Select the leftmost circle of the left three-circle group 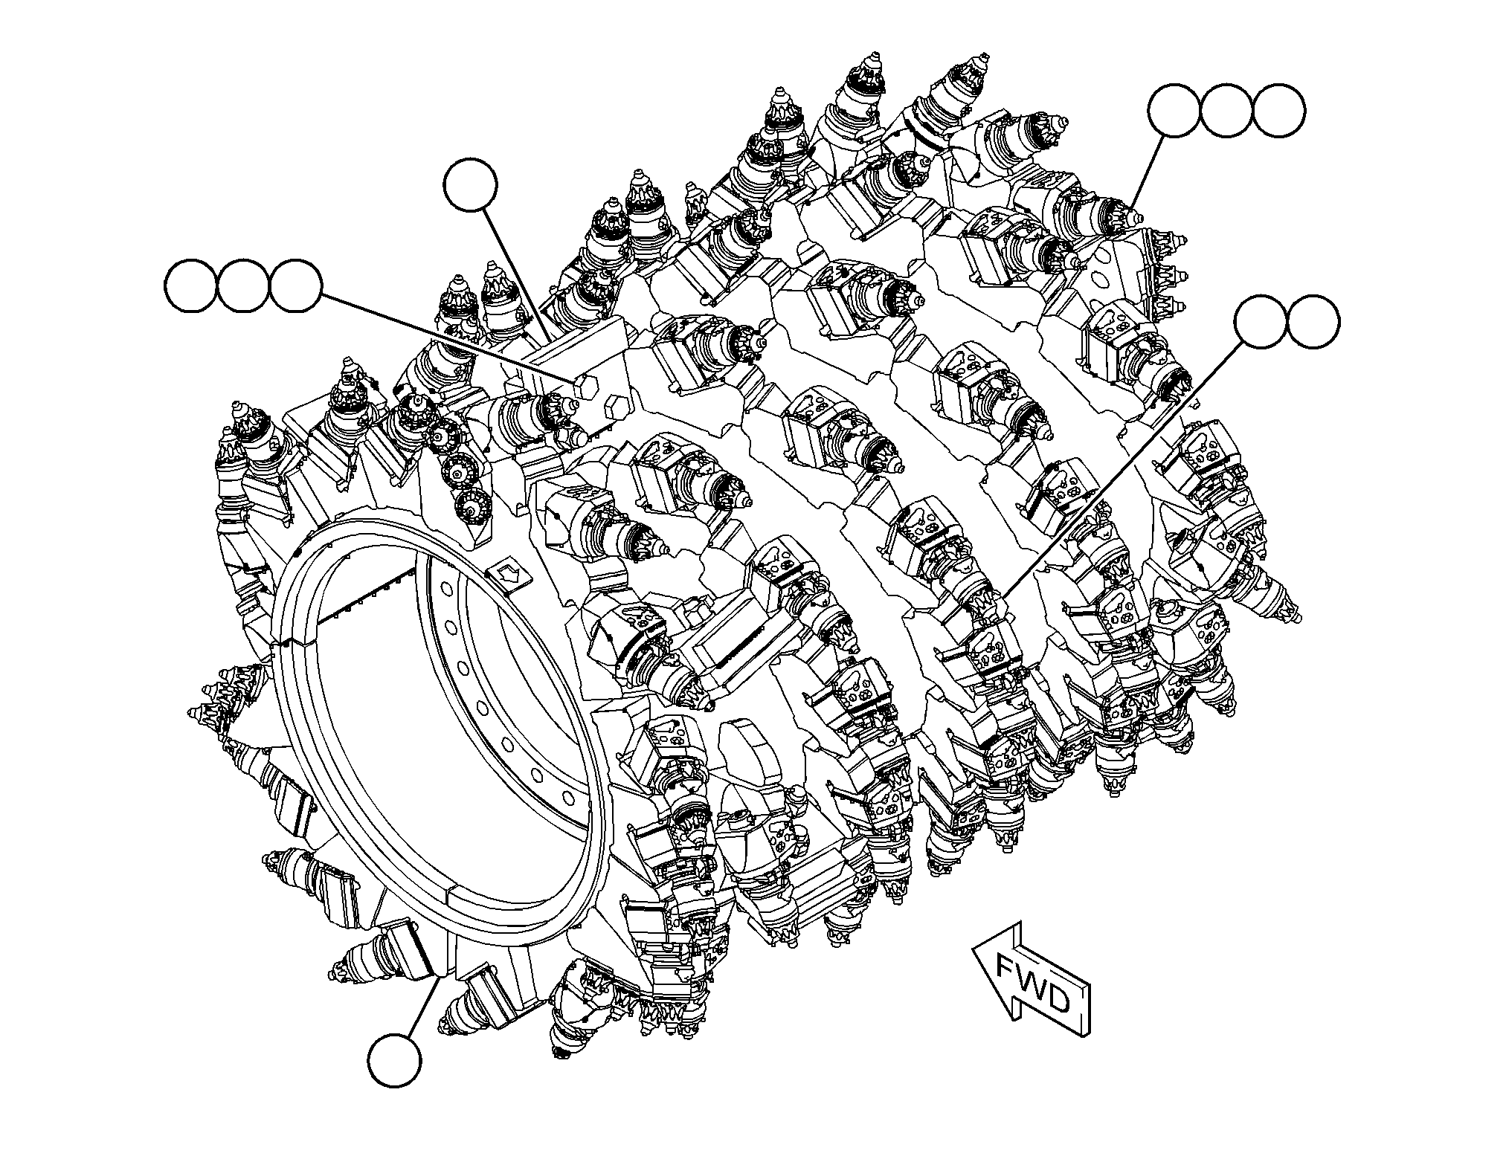click(x=191, y=286)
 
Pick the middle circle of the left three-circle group click(x=244, y=286)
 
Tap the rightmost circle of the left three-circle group click(x=296, y=286)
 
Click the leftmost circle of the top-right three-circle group click(x=1174, y=110)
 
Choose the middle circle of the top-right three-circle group click(x=1226, y=110)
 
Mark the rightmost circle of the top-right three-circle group click(x=1278, y=110)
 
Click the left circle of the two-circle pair click(x=1261, y=321)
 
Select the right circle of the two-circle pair click(x=1313, y=321)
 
